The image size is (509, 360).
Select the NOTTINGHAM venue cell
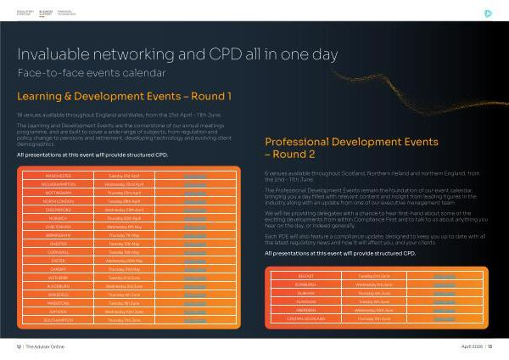click(x=53, y=193)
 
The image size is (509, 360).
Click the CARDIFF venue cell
click(x=53, y=270)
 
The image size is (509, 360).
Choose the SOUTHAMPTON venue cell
click(x=53, y=322)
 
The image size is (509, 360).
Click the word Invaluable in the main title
click(x=56, y=54)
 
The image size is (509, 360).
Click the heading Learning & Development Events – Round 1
click(x=124, y=95)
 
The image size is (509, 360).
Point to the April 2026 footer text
click(x=473, y=347)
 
